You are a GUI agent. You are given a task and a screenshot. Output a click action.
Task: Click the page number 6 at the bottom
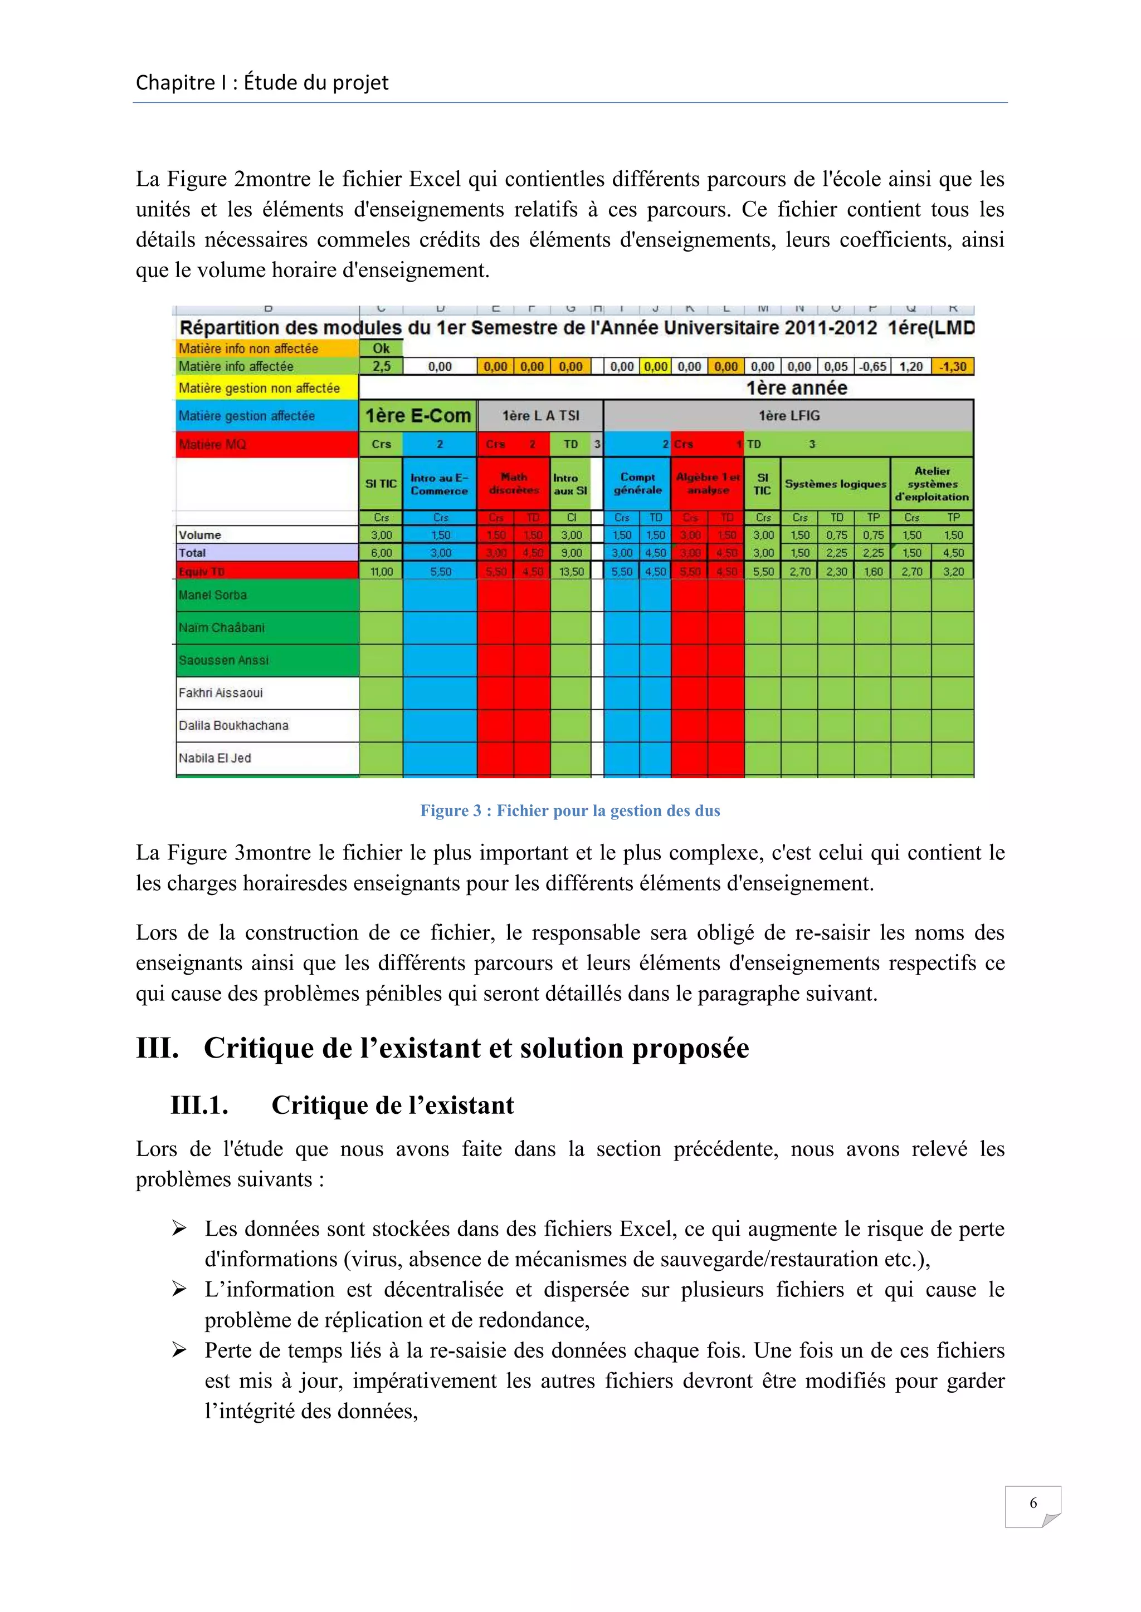(1033, 1502)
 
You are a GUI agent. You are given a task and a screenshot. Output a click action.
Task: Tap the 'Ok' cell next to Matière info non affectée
(381, 348)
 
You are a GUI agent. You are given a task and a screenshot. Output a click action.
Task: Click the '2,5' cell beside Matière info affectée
(381, 366)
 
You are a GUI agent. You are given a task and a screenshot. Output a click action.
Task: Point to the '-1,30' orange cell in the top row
(953, 366)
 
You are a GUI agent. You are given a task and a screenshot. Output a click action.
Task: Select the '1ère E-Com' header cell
(417, 416)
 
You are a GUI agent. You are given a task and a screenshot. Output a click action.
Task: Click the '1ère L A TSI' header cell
(540, 416)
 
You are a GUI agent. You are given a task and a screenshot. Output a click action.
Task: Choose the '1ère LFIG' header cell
(788, 416)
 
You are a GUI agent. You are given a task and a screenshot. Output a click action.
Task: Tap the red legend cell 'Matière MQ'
(267, 444)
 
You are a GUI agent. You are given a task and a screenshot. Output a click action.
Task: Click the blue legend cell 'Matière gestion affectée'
(267, 416)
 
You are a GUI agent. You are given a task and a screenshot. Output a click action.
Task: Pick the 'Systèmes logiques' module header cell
(835, 484)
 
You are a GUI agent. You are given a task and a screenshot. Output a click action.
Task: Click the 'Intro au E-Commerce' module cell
(439, 484)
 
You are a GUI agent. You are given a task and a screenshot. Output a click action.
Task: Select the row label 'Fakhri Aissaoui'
(221, 693)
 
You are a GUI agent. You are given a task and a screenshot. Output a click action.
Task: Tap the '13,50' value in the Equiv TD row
(571, 572)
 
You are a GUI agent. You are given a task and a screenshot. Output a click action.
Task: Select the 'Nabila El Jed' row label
(215, 758)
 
